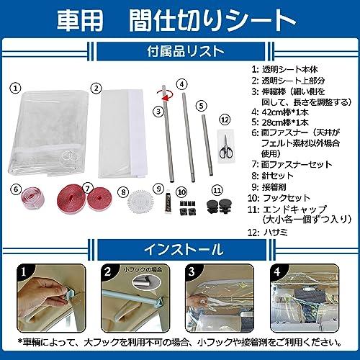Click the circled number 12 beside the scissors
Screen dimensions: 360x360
pos(225,120)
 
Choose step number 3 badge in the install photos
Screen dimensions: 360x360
pos(192,272)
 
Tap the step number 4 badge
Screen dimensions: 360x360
pos(278,272)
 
